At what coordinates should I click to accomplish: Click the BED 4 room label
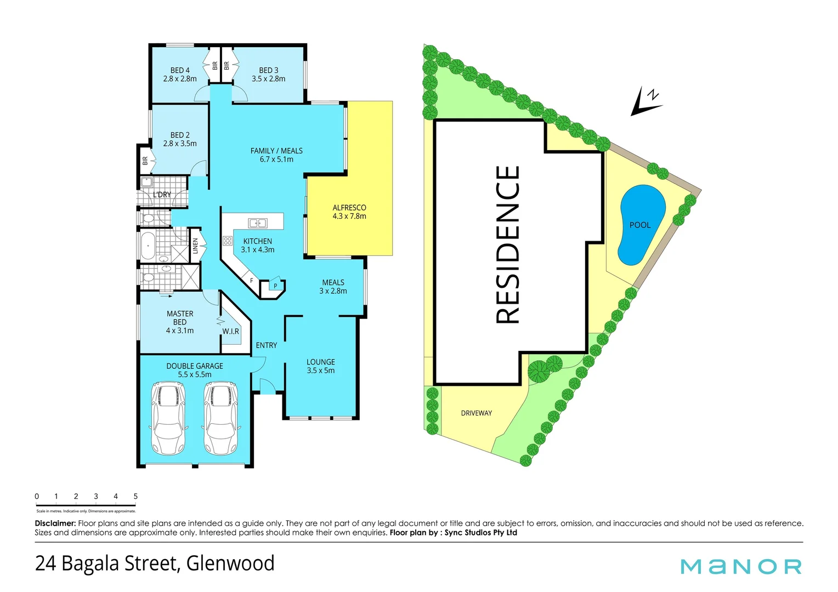point(180,71)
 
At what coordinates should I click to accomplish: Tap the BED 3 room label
point(268,71)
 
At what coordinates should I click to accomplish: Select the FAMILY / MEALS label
point(276,151)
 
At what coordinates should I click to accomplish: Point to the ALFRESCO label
point(349,208)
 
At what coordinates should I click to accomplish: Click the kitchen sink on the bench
point(257,223)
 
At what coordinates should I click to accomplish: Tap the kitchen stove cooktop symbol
point(228,241)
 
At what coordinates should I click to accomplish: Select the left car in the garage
point(168,418)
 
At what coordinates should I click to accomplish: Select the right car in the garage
point(221,418)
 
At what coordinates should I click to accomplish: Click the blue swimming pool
point(641,225)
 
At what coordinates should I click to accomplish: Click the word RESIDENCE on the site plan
point(508,244)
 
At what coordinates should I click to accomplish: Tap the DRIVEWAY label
point(476,413)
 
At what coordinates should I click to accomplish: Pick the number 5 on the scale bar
point(135,496)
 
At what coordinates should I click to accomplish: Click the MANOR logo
point(741,566)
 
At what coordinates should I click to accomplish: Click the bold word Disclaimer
point(55,523)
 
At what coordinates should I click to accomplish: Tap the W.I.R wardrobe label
point(230,332)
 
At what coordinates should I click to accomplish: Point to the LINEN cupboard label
point(195,246)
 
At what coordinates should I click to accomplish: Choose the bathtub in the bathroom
point(147,246)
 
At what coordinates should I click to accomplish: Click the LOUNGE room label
point(321,362)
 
